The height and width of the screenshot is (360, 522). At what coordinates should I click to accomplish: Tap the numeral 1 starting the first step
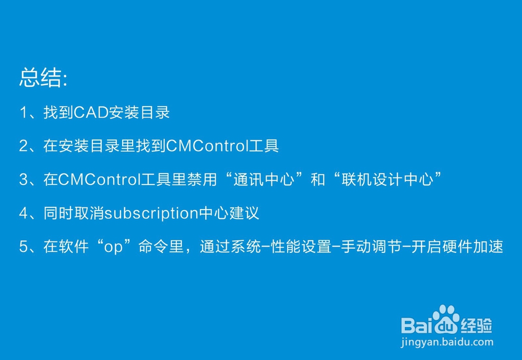click(x=23, y=112)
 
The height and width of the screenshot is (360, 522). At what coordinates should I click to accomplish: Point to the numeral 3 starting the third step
click(x=23, y=180)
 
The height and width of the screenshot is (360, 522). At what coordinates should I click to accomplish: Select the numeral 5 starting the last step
click(x=23, y=247)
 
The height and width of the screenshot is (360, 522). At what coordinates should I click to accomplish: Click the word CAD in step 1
click(x=91, y=112)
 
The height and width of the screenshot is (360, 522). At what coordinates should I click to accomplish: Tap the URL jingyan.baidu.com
click(x=447, y=342)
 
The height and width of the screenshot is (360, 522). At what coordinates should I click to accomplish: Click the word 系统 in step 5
click(x=247, y=247)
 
